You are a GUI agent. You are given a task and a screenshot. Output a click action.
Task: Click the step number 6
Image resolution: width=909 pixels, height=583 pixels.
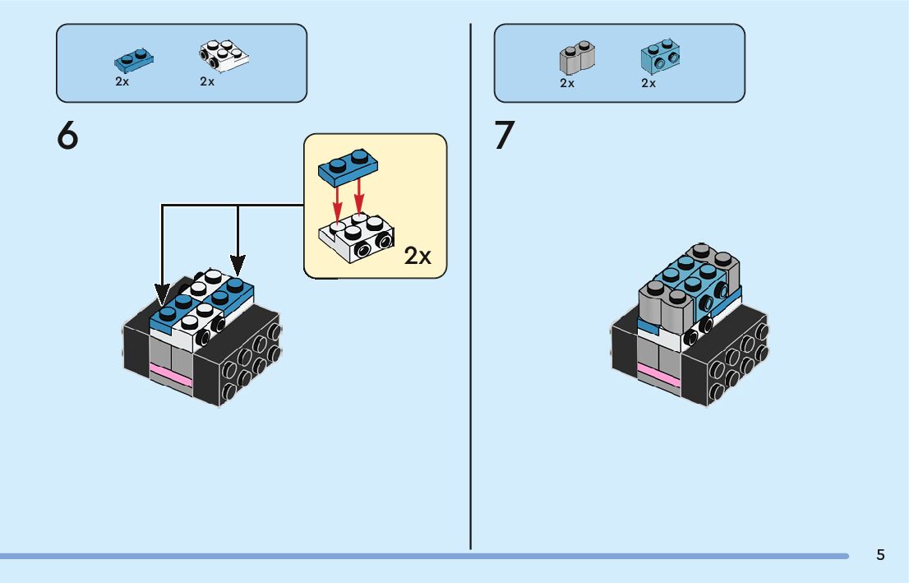67,136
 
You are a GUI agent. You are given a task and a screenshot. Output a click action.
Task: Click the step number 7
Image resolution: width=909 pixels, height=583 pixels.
505,135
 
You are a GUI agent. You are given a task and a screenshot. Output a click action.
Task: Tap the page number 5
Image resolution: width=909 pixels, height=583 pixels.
880,554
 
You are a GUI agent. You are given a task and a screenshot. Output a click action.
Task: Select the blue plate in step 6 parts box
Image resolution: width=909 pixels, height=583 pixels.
134,60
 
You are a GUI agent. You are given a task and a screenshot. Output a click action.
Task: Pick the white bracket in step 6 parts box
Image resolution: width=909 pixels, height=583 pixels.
224,56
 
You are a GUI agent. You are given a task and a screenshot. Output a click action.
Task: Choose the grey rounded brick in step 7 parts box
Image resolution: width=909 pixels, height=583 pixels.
577,58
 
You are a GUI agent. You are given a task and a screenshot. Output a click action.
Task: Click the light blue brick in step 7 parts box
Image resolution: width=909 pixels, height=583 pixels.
660,56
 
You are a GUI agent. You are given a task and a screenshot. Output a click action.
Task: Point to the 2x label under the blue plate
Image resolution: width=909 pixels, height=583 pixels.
122,81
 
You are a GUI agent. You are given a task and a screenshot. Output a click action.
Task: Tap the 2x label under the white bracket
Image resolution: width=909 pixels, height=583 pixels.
207,81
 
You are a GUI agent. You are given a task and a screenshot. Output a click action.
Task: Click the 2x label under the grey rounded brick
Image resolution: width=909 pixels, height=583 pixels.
567,84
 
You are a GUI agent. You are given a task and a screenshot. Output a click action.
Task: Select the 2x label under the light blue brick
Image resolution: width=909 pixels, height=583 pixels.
648,84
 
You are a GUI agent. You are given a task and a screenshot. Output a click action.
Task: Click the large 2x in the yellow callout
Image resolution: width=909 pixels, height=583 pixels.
418,256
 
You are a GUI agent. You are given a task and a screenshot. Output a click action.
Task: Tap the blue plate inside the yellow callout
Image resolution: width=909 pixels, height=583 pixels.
348,167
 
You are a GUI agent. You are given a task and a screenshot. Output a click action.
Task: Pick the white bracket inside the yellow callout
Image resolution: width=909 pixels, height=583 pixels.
356,238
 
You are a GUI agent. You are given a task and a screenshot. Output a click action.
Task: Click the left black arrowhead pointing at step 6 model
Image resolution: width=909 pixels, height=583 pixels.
163,294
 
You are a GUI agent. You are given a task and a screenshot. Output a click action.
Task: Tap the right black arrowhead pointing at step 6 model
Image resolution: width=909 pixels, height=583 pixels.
238,265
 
